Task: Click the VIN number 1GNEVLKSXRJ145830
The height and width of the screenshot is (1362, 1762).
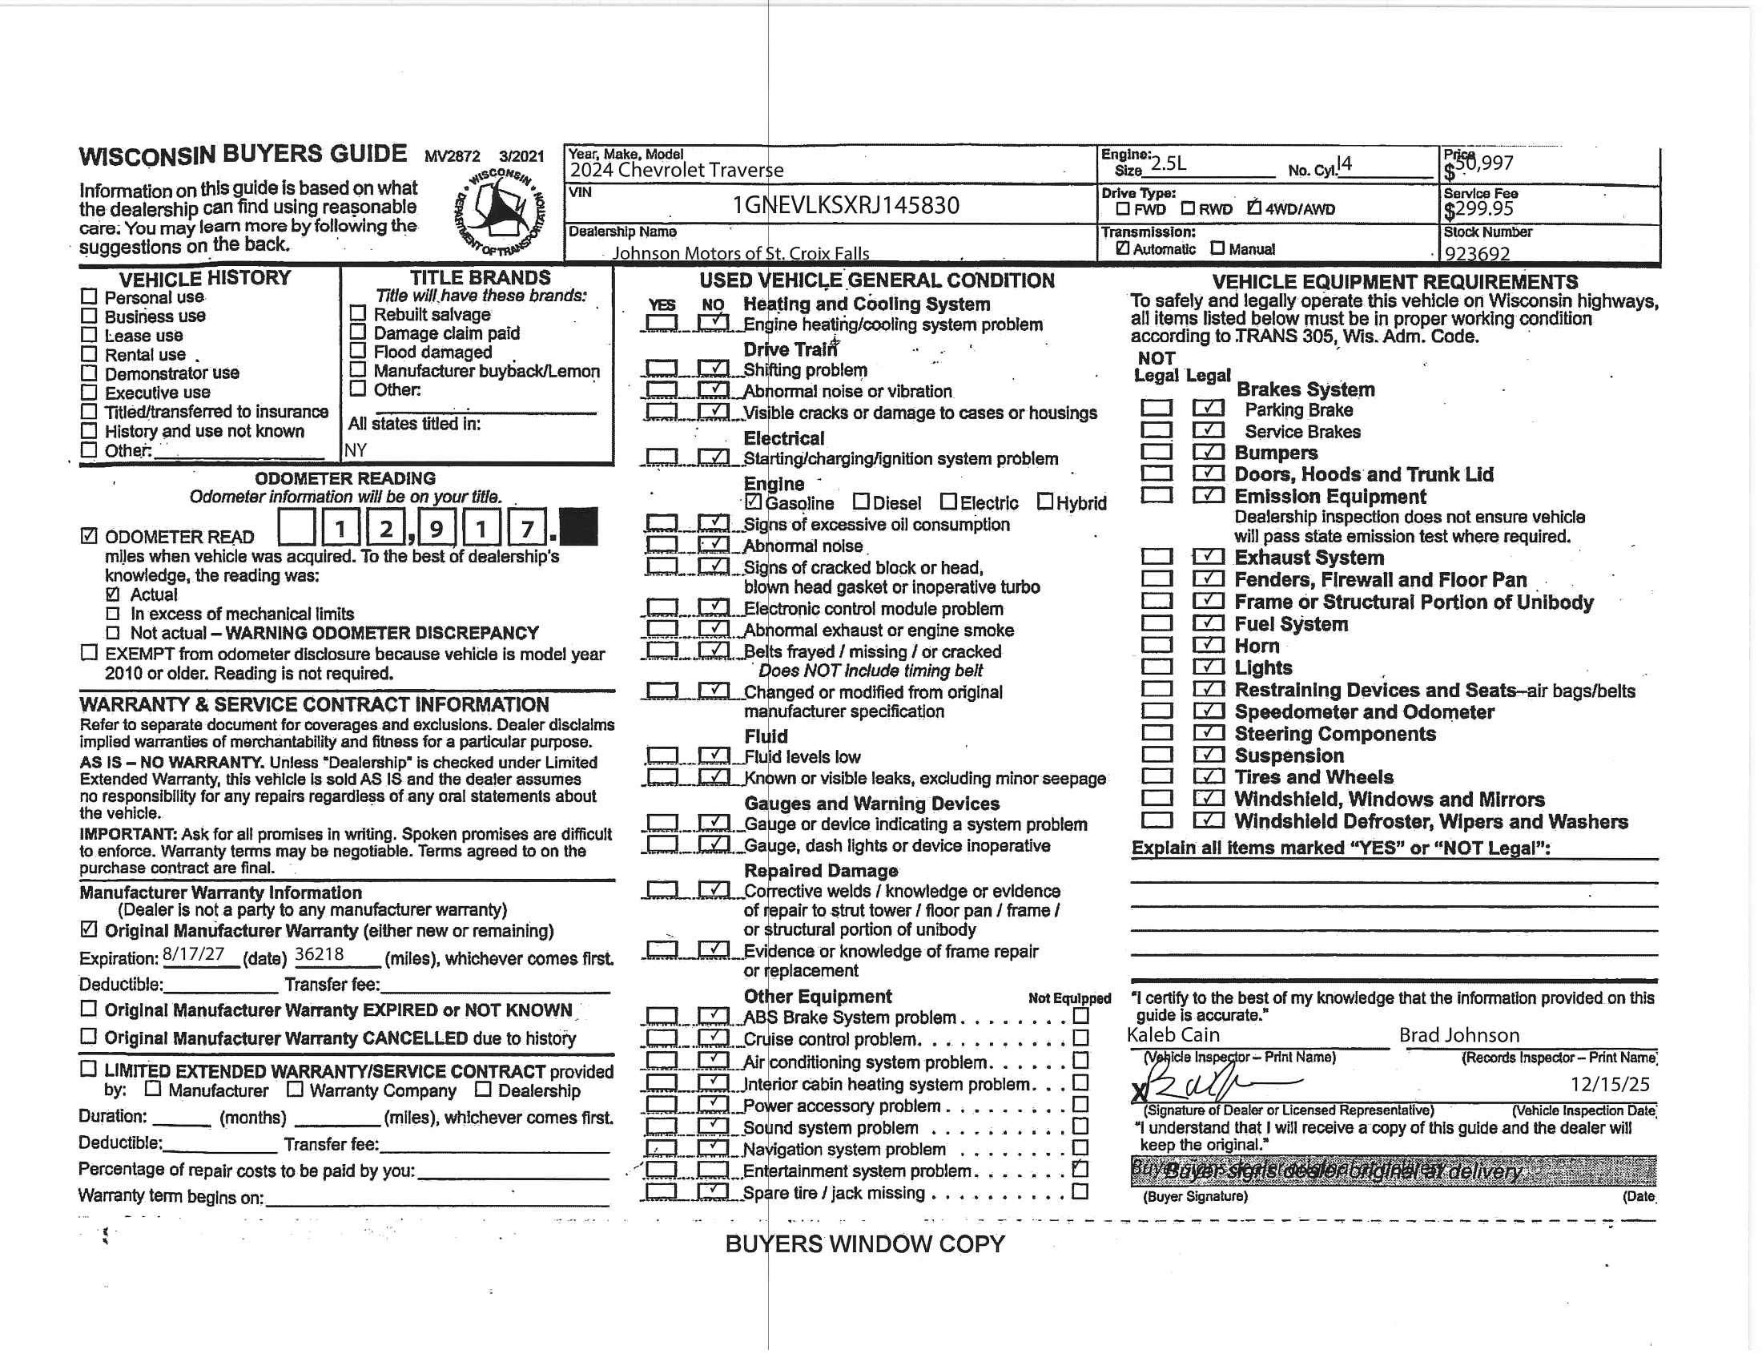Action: [x=846, y=205]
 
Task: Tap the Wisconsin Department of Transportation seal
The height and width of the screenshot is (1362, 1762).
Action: [x=500, y=210]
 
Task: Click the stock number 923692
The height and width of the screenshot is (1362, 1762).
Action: [x=1476, y=253]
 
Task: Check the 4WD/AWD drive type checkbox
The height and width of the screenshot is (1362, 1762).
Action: [x=1253, y=208]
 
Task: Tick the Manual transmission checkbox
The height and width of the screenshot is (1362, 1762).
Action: [x=1217, y=248]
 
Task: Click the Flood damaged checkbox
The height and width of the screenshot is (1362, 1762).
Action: [x=358, y=351]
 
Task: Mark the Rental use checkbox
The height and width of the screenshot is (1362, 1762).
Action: [x=89, y=354]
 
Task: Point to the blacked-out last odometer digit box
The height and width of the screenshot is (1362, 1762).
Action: [x=577, y=527]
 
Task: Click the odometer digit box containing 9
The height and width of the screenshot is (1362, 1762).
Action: [x=436, y=528]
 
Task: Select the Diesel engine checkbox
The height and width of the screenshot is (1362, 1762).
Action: [x=862, y=502]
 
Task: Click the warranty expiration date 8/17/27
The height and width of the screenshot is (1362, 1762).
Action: [x=194, y=953]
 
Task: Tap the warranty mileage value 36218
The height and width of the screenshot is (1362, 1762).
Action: [x=320, y=953]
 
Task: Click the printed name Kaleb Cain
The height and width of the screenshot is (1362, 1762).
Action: [x=1173, y=1034]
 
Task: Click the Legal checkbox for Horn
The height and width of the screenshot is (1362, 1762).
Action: [x=1208, y=645]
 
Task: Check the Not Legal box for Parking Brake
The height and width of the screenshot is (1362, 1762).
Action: [x=1156, y=409]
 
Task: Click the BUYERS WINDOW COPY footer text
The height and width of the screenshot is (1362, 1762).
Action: [x=865, y=1243]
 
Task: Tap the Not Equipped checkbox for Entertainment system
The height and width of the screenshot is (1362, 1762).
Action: [x=1080, y=1168]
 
